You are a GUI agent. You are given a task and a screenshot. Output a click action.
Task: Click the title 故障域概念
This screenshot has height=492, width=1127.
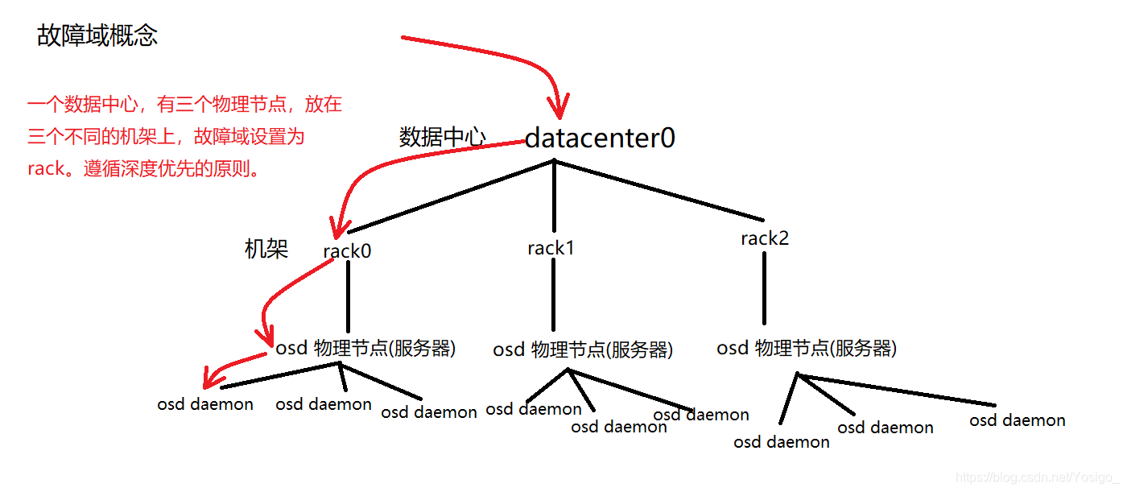coord(97,35)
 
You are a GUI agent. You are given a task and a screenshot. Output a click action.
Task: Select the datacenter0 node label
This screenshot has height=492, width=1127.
coord(600,139)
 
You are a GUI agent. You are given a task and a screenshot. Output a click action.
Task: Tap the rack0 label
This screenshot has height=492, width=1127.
coord(347,251)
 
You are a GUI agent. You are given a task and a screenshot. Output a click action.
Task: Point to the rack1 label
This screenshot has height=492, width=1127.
coord(551,248)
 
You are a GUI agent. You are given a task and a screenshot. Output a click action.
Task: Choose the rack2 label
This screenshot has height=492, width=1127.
coord(765,238)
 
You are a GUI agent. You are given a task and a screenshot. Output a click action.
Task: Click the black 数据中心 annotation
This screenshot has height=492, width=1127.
coord(443,137)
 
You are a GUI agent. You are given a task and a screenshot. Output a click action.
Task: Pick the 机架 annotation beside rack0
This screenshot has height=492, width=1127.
coord(266,249)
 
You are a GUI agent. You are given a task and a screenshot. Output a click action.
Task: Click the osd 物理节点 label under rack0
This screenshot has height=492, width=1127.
coord(366,348)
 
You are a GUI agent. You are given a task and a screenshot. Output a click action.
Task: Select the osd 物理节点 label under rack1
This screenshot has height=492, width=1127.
coord(583,349)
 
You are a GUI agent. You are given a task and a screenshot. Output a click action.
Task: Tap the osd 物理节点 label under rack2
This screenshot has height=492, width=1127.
coord(807,348)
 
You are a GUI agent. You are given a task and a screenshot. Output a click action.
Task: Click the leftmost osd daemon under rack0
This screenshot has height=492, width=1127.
coord(205,404)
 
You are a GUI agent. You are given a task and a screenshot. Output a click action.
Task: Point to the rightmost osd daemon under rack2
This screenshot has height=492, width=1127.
coord(1018,420)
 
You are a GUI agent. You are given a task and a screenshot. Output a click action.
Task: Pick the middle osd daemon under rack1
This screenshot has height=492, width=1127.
coord(619,427)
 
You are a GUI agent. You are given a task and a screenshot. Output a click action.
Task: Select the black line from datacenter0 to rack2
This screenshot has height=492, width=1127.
coord(658,190)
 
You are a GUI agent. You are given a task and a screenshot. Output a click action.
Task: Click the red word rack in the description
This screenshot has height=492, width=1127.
coord(45,171)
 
